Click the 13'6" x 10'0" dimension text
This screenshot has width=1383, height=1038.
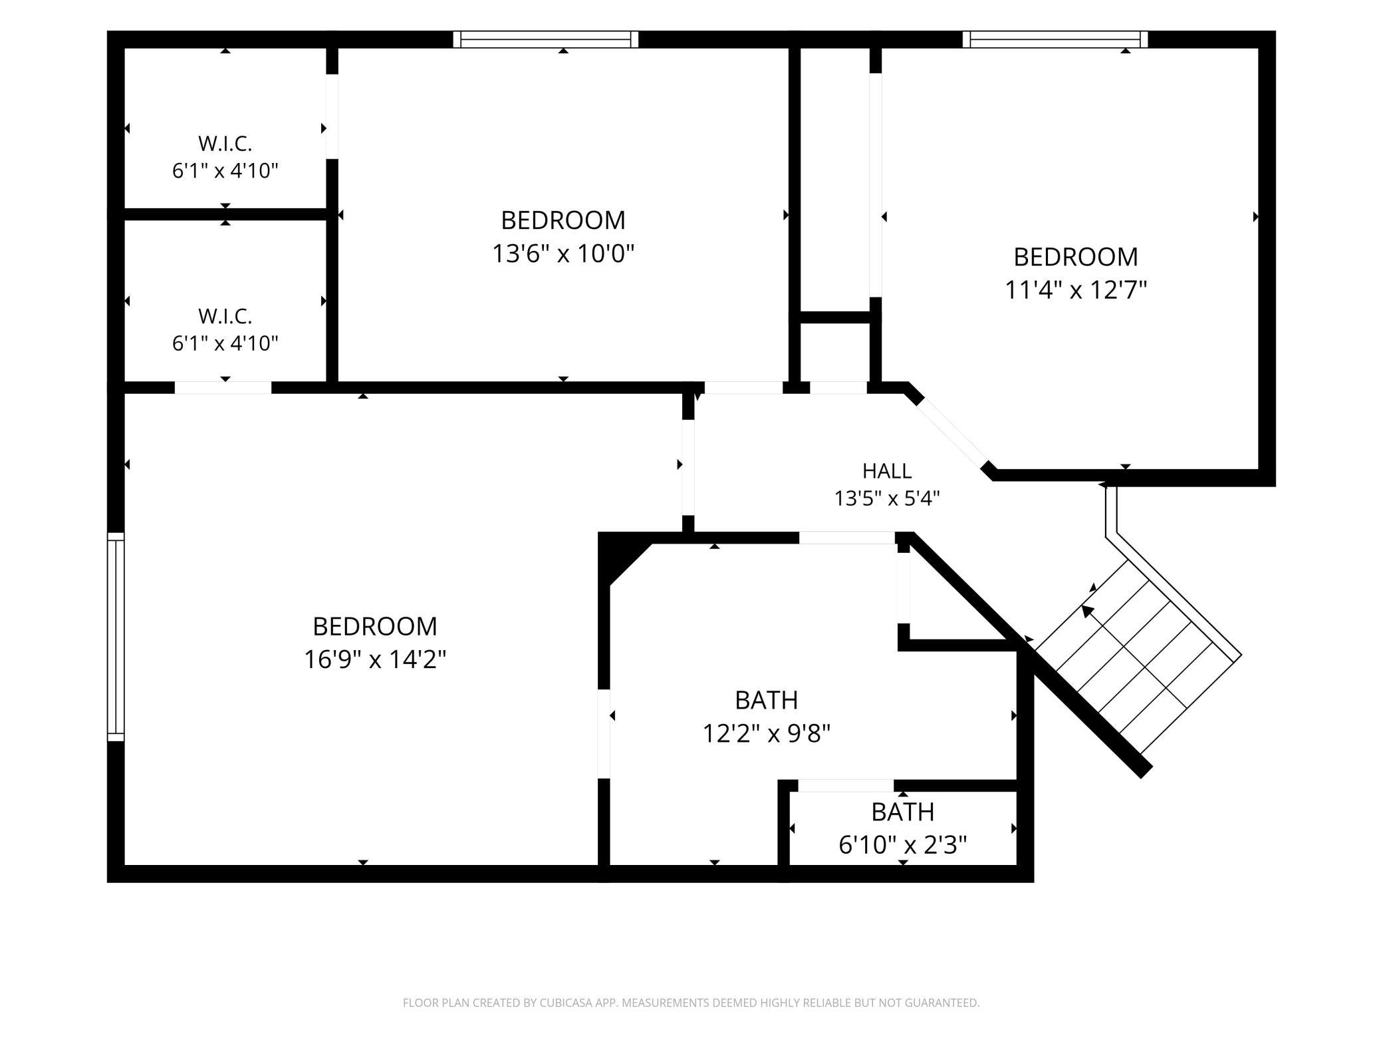click(563, 254)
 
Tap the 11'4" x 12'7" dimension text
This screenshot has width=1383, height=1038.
click(1076, 290)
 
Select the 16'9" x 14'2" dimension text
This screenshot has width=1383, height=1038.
click(375, 659)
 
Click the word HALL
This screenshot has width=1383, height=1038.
click(887, 471)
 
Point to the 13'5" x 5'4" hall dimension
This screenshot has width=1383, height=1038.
click(887, 498)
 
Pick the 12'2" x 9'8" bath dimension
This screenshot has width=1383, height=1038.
click(767, 733)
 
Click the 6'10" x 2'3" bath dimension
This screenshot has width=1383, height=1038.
click(903, 845)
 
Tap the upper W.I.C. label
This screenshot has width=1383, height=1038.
click(225, 143)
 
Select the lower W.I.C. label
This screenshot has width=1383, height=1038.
click(225, 315)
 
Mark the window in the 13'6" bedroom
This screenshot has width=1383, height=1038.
click(546, 39)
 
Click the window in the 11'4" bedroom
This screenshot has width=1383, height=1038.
click(1055, 39)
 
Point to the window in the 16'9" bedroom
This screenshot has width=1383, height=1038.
click(116, 637)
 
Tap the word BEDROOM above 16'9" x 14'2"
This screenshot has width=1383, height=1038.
click(375, 626)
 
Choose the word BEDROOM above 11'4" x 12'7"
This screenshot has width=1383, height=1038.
click(1076, 257)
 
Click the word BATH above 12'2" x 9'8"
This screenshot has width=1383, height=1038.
click(767, 700)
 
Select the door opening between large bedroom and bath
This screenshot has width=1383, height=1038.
click(604, 734)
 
